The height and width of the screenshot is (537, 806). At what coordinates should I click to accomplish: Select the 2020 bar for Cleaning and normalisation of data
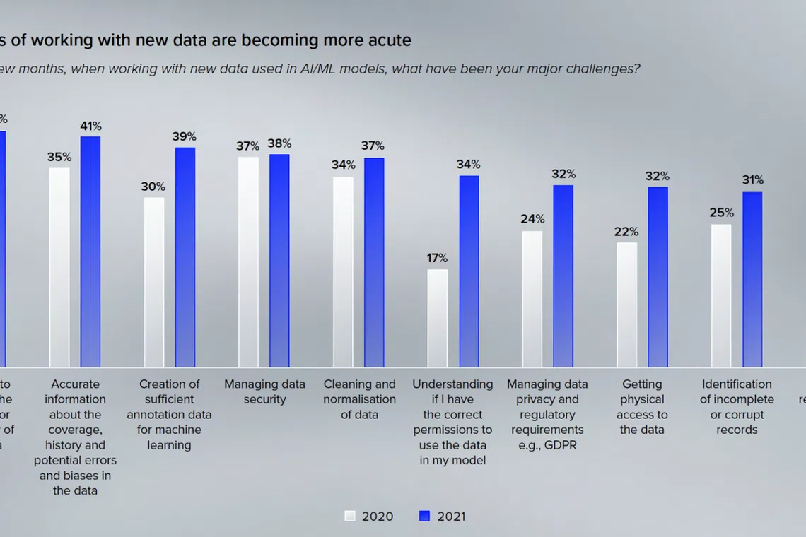point(344,271)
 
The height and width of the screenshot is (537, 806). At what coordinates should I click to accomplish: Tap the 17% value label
point(437,258)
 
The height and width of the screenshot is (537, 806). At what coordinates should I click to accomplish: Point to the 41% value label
point(90,126)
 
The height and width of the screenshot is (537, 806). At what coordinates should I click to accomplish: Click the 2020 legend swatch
point(350,516)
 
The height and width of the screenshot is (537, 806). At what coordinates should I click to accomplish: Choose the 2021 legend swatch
point(424,516)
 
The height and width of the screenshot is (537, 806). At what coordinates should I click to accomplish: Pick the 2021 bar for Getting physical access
point(658,277)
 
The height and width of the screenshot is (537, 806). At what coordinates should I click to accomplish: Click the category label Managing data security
point(264,391)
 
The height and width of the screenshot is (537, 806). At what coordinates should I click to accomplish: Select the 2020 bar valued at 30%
point(154,282)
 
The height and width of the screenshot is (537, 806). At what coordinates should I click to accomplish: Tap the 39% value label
point(185,136)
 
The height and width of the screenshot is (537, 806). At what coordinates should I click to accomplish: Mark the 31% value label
point(752,180)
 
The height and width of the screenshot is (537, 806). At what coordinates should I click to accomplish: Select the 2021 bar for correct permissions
point(469,271)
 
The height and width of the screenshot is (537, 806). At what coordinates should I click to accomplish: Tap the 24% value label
point(532,219)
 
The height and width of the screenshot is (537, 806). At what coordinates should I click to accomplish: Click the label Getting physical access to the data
point(642,407)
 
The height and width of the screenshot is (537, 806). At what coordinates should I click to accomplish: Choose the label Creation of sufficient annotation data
point(169,414)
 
